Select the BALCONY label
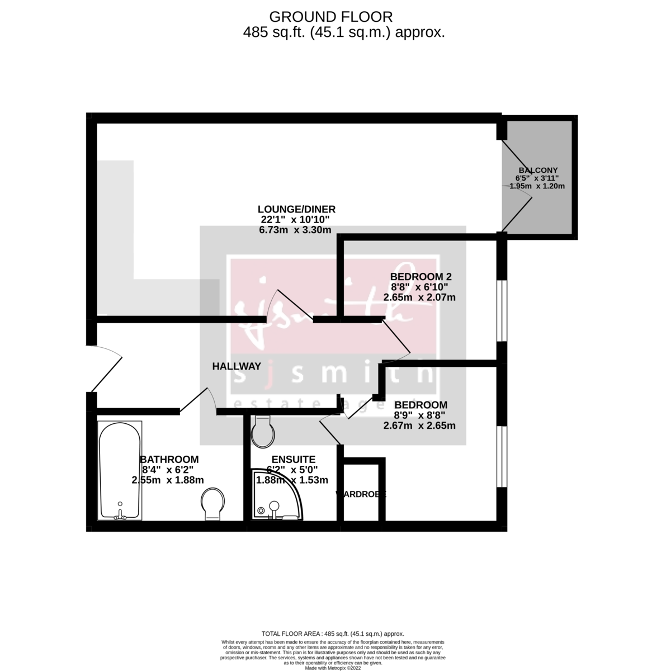(x=538, y=170)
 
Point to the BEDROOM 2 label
(x=421, y=277)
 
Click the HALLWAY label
(x=237, y=367)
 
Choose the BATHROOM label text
(x=169, y=459)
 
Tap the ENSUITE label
(x=291, y=459)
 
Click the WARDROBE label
(x=361, y=494)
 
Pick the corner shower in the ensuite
(x=276, y=494)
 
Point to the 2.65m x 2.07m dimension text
(x=419, y=297)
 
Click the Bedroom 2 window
(x=502, y=311)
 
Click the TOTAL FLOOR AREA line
(x=333, y=634)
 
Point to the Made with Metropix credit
(x=333, y=668)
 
